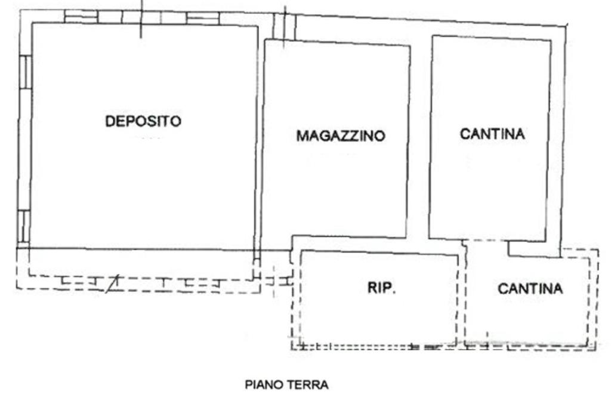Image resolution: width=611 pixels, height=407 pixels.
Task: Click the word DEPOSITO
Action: tap(143, 121)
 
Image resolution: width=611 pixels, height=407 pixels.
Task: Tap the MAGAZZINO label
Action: tap(341, 135)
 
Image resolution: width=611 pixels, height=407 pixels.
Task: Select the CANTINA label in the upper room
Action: tap(492, 134)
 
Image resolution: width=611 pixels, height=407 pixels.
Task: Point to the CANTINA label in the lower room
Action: tap(530, 288)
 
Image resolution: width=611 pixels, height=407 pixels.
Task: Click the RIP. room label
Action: tap(381, 288)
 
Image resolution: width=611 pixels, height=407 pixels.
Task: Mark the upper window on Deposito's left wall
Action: tap(25, 72)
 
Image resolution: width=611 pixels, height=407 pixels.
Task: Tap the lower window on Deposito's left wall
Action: tap(24, 227)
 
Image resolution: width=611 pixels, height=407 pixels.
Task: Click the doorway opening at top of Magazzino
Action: tap(284, 26)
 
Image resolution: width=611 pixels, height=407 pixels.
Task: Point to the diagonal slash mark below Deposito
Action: tap(113, 284)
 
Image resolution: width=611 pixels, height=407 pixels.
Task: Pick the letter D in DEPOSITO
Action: tap(110, 121)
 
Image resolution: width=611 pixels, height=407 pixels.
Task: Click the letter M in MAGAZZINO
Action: tap(302, 135)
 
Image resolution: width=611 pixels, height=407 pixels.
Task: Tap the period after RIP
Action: tap(394, 292)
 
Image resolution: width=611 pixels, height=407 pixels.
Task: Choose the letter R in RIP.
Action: tap(372, 288)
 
